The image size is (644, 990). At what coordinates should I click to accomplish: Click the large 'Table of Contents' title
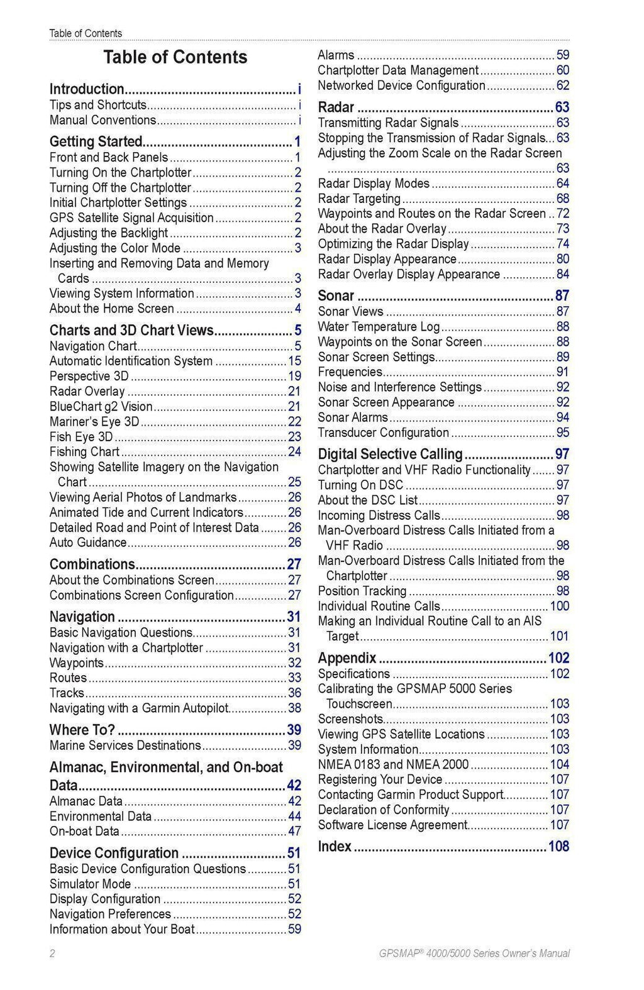[175, 57]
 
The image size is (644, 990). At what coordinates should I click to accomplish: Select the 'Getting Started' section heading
[96, 141]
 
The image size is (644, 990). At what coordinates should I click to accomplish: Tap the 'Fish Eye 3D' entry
[81, 437]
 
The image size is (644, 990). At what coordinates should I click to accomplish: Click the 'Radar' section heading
[336, 107]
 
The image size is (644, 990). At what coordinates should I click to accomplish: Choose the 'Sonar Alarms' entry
[353, 417]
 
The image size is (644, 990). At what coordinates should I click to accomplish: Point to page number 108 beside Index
[558, 847]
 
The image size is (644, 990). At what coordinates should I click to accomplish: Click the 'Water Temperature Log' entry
[379, 327]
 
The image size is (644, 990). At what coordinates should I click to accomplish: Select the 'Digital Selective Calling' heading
[390, 454]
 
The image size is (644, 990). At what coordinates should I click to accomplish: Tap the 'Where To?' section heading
[82, 730]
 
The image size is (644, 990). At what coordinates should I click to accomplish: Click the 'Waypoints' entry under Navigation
[77, 663]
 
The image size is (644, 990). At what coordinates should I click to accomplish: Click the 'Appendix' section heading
[347, 658]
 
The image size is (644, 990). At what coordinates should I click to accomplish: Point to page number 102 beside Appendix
[558, 658]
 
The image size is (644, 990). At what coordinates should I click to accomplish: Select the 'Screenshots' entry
[350, 719]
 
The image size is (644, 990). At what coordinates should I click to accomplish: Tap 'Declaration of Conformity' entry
[384, 810]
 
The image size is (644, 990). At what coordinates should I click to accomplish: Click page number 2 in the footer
[52, 954]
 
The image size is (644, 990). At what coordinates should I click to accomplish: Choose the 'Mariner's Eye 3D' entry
[94, 422]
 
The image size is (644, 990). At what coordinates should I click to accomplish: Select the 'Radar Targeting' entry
[359, 199]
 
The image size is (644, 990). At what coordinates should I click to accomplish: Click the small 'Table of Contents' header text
[86, 33]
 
